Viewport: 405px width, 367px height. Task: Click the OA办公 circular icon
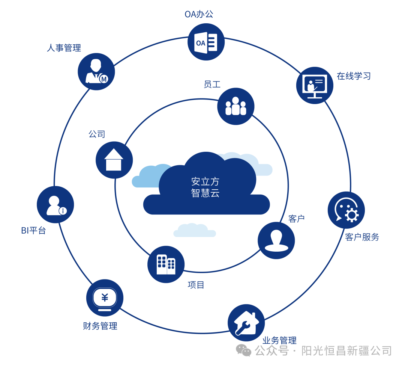coord(206,42)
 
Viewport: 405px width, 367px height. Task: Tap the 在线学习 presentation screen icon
coord(315,85)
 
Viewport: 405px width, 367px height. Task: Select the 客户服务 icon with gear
coord(346,210)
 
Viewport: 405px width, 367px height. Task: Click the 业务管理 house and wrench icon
coord(246,323)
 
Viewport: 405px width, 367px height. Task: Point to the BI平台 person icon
coord(55,205)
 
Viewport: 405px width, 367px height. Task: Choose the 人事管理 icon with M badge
coord(96,71)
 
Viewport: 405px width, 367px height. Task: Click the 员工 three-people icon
coord(235,106)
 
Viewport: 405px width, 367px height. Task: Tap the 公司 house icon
coord(114,160)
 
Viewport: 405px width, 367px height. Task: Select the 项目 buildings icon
coord(166,264)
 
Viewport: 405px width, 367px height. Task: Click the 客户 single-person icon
coord(276,240)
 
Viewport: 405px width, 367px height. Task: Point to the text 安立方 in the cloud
coord(205,182)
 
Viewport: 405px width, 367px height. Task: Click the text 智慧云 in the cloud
coord(205,193)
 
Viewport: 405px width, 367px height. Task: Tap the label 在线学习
coord(354,76)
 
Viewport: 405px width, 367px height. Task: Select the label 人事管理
coord(64,48)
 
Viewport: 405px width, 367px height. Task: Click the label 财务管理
coord(100,326)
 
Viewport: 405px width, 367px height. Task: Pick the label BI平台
coord(33,231)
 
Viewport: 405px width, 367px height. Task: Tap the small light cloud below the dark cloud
coord(194,231)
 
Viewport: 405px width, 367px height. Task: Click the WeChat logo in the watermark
coord(243,350)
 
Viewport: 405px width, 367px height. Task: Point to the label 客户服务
coord(362,237)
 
